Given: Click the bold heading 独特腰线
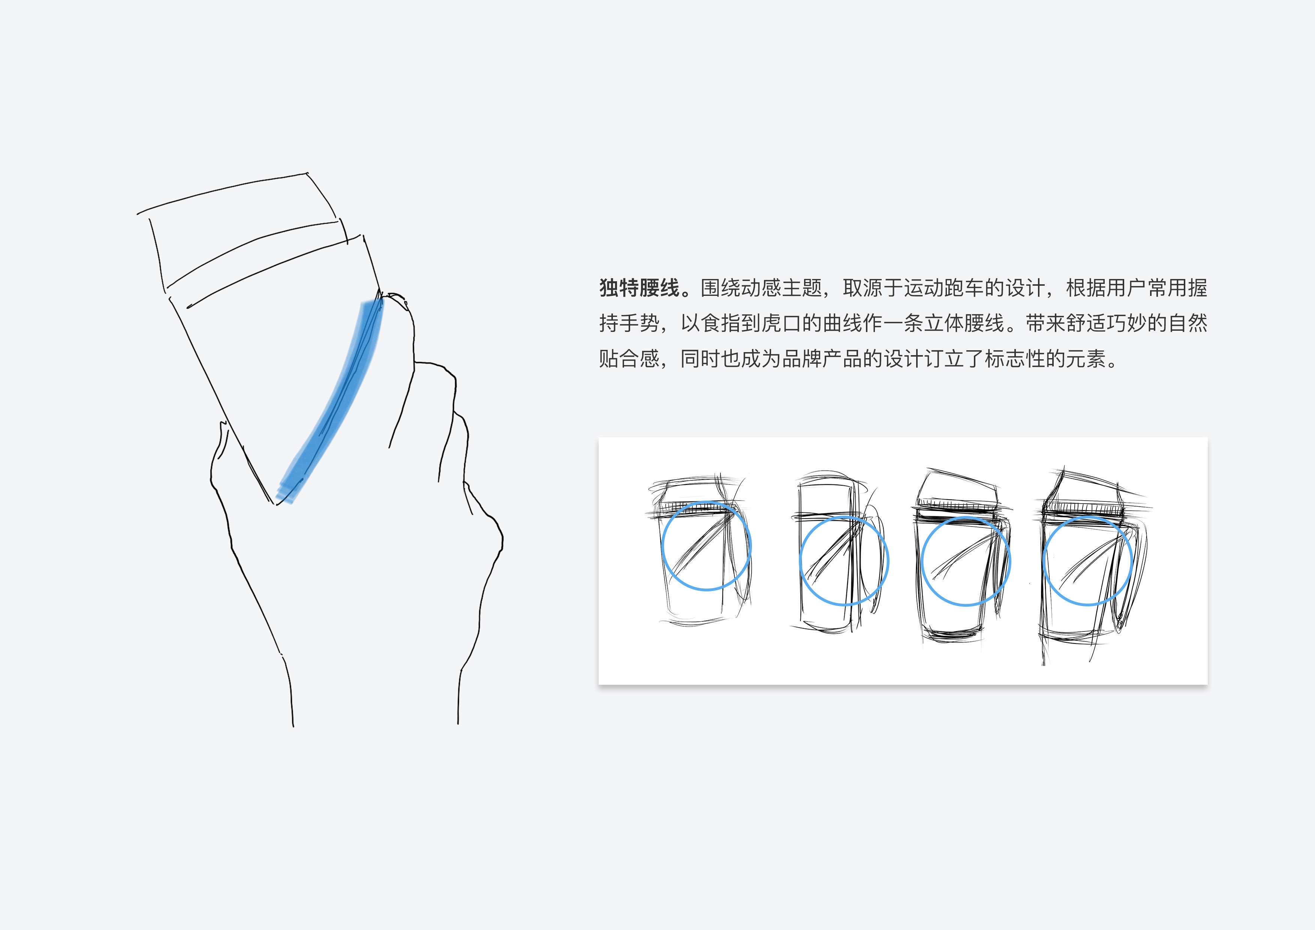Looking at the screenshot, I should coord(639,288).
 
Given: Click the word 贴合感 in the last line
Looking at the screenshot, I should coord(629,359).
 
